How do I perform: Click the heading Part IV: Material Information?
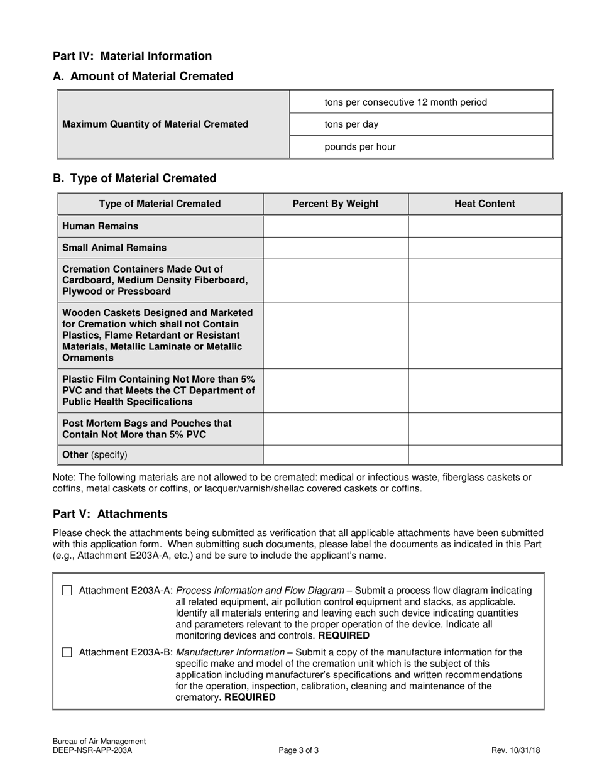click(x=132, y=56)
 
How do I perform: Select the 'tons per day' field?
click(x=420, y=124)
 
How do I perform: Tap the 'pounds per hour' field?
click(x=420, y=147)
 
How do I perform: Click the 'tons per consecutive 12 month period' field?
click(x=420, y=102)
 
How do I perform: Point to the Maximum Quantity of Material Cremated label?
click(x=155, y=124)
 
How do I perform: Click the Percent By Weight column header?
click(x=336, y=204)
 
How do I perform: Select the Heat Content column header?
click(x=485, y=204)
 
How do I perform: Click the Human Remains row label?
click(x=101, y=226)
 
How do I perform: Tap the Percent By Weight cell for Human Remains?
click(x=336, y=226)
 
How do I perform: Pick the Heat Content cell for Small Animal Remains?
click(x=485, y=248)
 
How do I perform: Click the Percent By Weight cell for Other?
click(x=336, y=454)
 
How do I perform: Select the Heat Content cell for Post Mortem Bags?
click(x=485, y=429)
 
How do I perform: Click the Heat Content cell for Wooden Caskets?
click(x=485, y=335)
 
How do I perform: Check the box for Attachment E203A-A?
click(x=67, y=591)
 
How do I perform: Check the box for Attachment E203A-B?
click(x=67, y=652)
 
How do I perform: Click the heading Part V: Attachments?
click(x=110, y=514)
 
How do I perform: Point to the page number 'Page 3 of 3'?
click(x=298, y=750)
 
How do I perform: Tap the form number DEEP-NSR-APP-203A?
click(x=92, y=750)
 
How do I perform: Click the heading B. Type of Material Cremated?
click(x=134, y=178)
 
